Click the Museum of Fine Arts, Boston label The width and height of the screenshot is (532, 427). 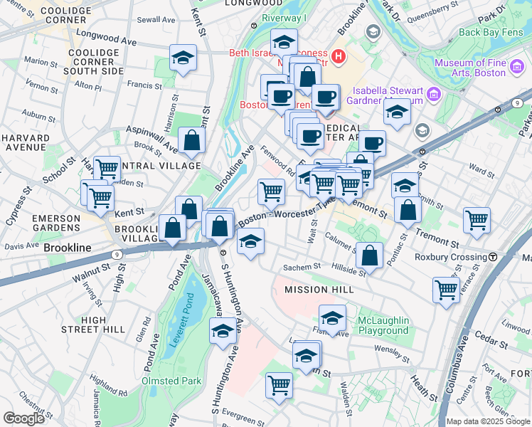coord(471,68)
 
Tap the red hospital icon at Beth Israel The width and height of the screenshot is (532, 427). coord(339,56)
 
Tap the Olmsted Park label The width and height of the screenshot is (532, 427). coord(170,381)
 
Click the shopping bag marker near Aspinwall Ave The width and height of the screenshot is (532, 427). coord(192,140)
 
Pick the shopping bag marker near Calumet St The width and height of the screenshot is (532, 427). coord(370,255)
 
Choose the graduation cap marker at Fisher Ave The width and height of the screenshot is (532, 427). coord(332,318)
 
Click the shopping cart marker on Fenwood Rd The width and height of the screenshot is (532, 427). coord(271,191)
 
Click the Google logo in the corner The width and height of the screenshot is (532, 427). coord(23,418)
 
